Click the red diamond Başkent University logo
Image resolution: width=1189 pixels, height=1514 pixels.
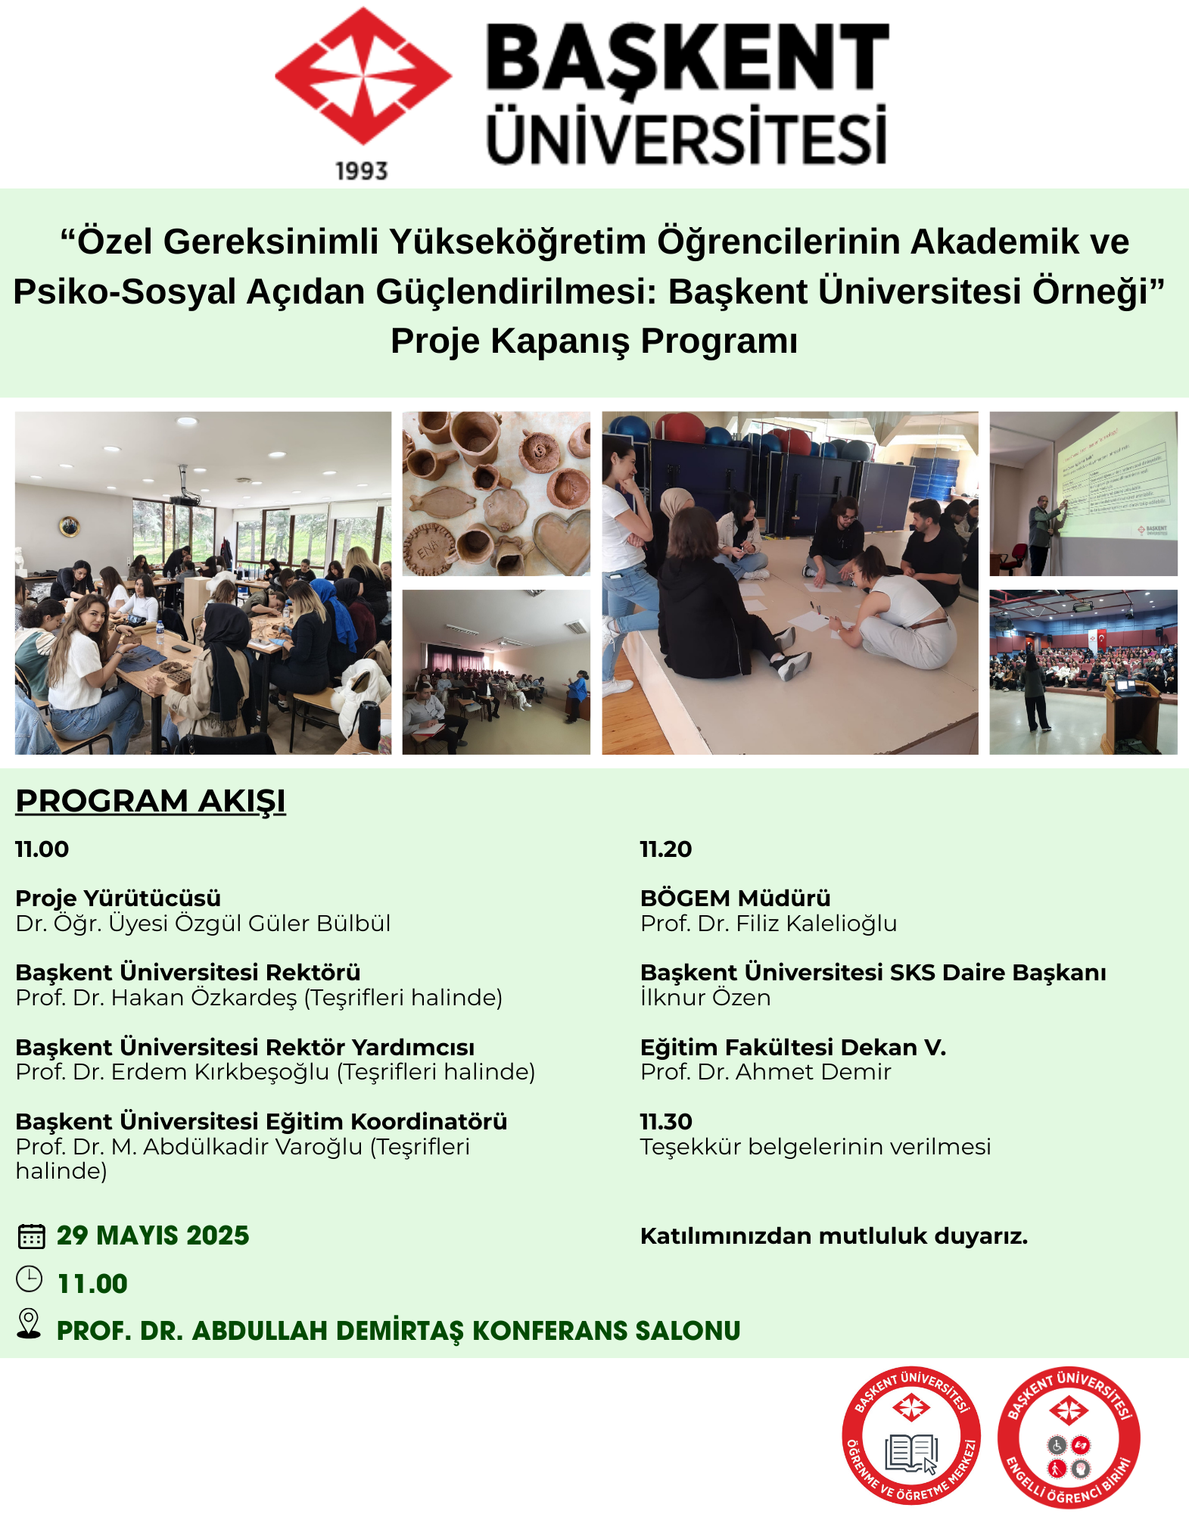[363, 76]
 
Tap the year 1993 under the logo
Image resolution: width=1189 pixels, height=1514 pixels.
[362, 172]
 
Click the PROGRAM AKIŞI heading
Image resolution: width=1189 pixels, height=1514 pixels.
[151, 801]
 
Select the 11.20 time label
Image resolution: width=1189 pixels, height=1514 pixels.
[666, 849]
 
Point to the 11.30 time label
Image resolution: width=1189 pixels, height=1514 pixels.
[666, 1121]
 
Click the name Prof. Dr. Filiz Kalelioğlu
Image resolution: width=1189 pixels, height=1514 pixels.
[768, 924]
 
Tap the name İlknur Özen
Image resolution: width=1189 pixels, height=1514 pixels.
[705, 998]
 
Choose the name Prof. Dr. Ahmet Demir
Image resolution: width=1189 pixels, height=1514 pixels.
[765, 1072]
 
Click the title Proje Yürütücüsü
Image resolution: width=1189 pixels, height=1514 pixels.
[118, 899]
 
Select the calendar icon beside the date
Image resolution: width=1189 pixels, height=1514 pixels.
[31, 1236]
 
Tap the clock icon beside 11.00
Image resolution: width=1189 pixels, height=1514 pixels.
[30, 1279]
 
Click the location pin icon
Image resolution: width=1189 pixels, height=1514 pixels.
[29, 1324]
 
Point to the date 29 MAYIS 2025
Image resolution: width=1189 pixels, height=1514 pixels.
[153, 1235]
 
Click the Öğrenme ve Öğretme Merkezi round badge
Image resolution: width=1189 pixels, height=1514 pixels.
[911, 1435]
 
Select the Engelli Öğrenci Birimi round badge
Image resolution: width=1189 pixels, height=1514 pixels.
[1068, 1437]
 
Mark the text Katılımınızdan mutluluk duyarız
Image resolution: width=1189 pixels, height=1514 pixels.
[833, 1236]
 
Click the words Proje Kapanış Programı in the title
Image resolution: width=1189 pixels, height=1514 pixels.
[594, 341]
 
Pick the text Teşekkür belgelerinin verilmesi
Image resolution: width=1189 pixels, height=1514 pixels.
[815, 1147]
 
